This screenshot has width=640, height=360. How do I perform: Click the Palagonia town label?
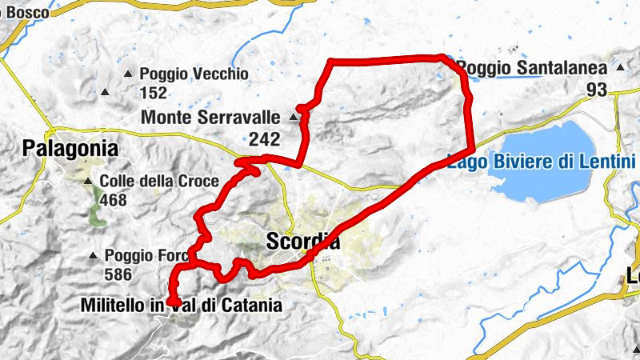click(x=70, y=148)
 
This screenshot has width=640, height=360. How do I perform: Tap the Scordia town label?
click(x=302, y=242)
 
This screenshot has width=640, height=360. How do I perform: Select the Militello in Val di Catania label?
click(x=182, y=305)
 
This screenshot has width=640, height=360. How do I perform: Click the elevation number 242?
click(x=264, y=139)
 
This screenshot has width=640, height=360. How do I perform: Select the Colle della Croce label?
click(x=158, y=182)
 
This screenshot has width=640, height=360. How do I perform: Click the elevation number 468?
click(x=114, y=199)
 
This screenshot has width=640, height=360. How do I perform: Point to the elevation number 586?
click(x=119, y=274)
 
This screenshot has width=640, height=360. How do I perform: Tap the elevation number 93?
click(x=596, y=90)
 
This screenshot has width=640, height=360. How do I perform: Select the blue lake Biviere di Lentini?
click(x=552, y=180)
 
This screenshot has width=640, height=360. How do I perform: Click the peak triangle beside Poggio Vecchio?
click(x=128, y=74)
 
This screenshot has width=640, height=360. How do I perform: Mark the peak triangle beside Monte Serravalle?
click(x=293, y=118)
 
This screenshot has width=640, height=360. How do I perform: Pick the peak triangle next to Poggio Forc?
click(x=94, y=257)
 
